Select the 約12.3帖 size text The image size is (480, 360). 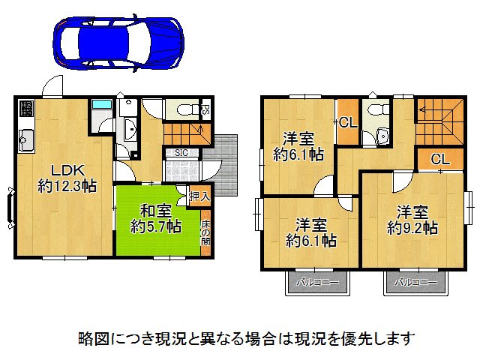(x=67, y=186)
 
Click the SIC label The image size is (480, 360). (x=181, y=153)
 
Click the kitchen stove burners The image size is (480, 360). (x=25, y=112)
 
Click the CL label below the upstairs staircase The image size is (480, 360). (x=440, y=159)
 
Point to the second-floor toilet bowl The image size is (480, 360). (x=374, y=112)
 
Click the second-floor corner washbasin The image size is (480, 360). (x=383, y=136)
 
